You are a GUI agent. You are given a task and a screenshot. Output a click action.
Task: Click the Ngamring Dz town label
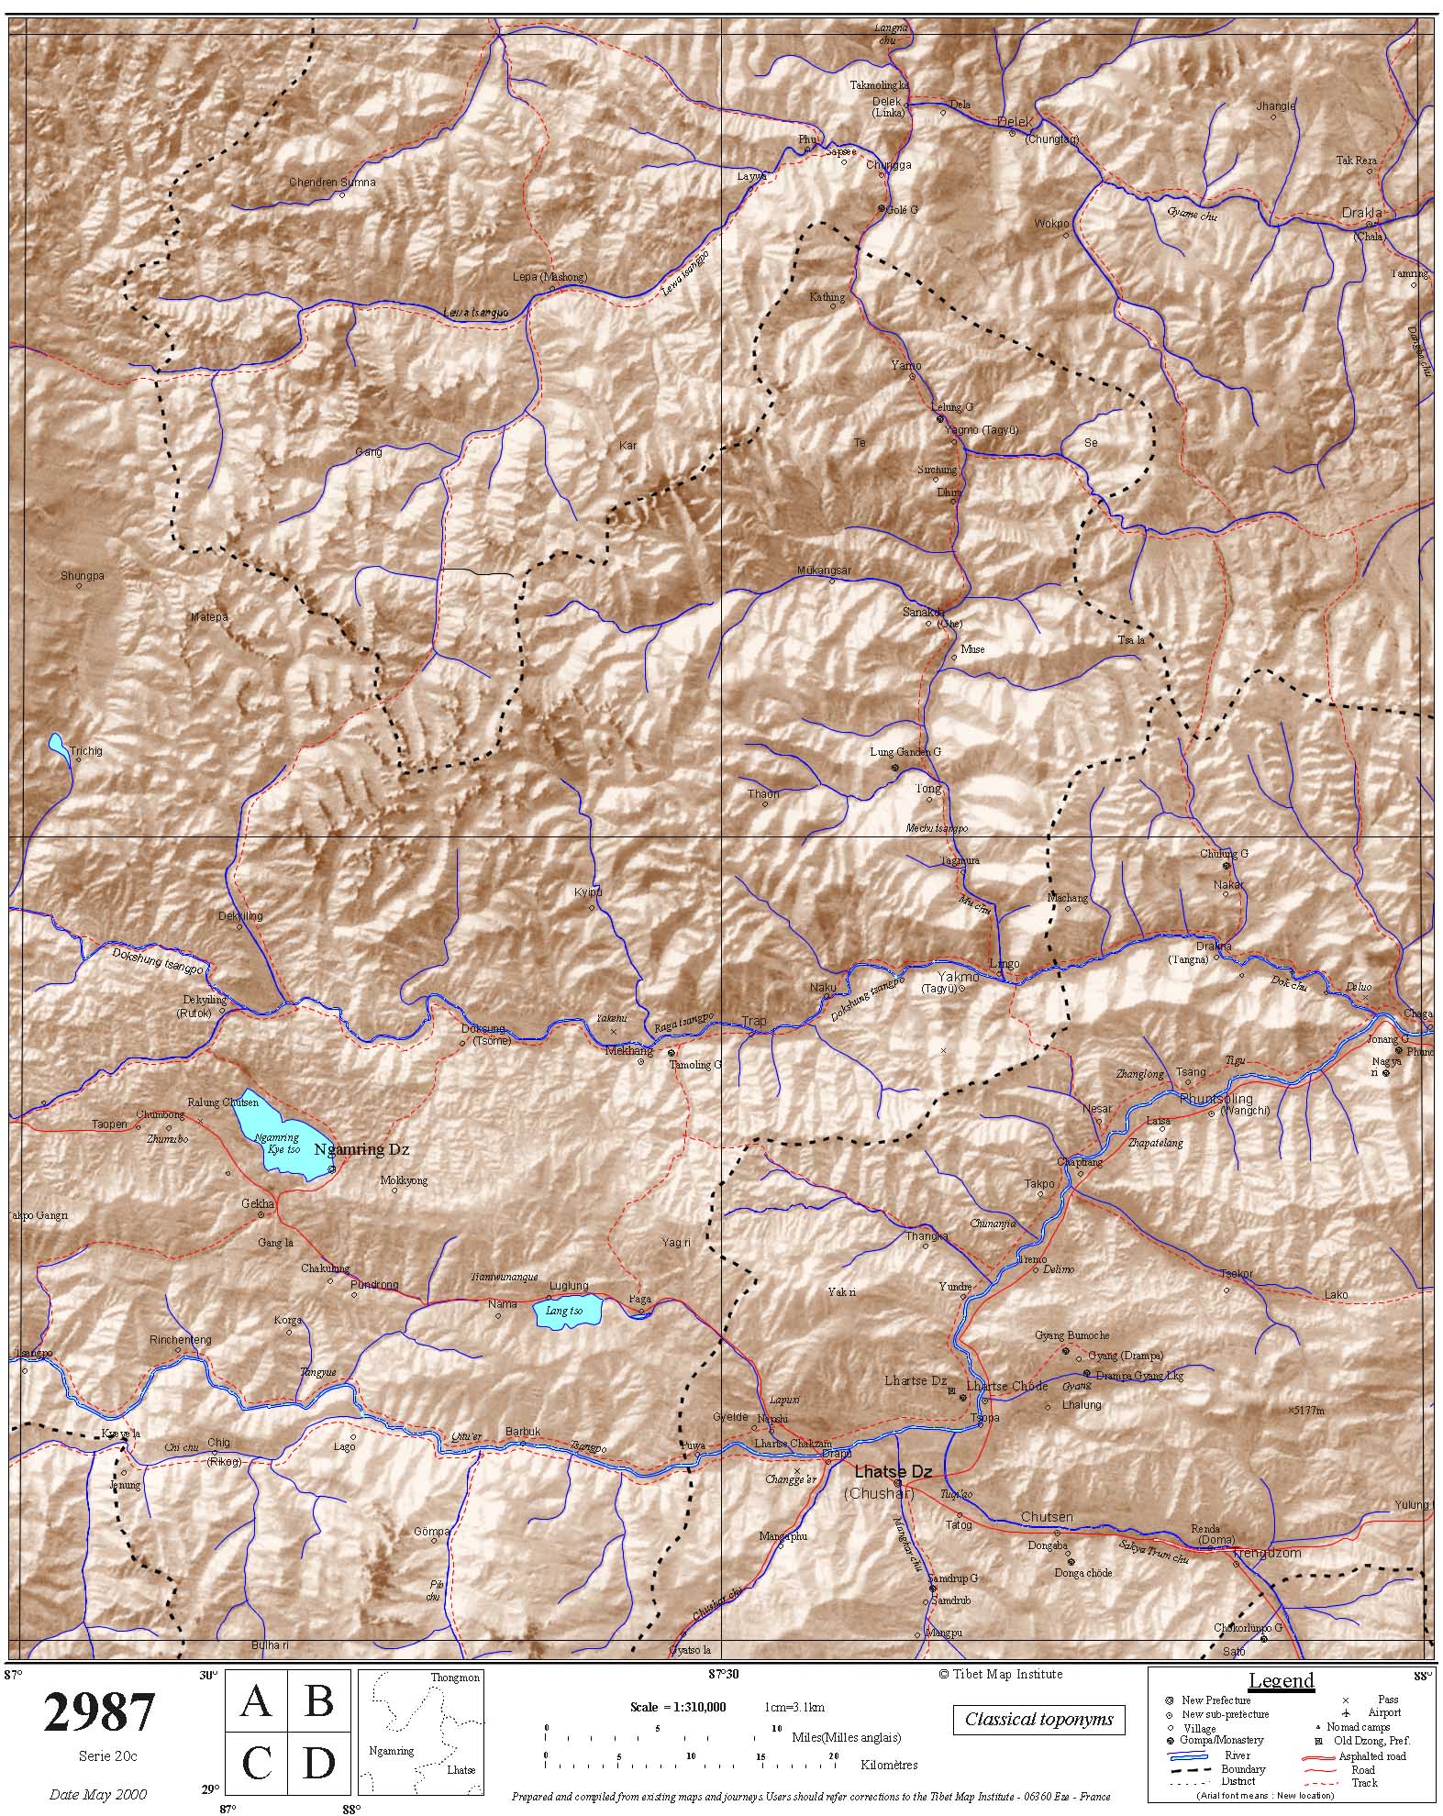pyautogui.click(x=361, y=1149)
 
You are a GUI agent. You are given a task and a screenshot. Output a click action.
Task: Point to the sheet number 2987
pyautogui.click(x=99, y=1711)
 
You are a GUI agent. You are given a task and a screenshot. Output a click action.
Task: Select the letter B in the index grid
pyautogui.click(x=318, y=1700)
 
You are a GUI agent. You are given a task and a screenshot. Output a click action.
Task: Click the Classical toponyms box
pyautogui.click(x=1038, y=1719)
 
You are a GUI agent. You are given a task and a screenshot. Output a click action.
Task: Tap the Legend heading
pyautogui.click(x=1281, y=1680)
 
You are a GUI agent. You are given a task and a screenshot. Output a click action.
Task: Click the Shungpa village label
pyautogui.click(x=83, y=576)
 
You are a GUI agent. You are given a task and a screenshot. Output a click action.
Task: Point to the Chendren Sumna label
pyautogui.click(x=332, y=183)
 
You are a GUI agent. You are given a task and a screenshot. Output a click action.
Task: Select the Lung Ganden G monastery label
pyautogui.click(x=905, y=752)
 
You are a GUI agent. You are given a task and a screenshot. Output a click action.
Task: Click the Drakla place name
pyautogui.click(x=1361, y=213)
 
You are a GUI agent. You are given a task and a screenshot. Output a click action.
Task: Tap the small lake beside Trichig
pyautogui.click(x=59, y=746)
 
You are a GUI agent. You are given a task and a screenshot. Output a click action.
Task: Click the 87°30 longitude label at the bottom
pyautogui.click(x=722, y=1674)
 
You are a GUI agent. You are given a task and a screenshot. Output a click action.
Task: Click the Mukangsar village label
pyautogui.click(x=824, y=570)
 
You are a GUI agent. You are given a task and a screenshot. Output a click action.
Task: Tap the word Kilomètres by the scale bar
pyautogui.click(x=889, y=1764)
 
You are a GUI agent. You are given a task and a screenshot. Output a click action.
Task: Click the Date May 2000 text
pyautogui.click(x=98, y=1794)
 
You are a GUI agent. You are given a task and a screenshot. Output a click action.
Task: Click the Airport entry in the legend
pyautogui.click(x=1384, y=1711)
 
